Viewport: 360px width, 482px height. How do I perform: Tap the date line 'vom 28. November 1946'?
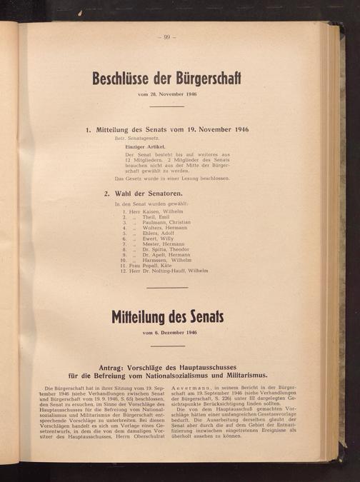(x=169, y=94)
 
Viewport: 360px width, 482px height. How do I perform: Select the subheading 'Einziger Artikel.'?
(x=146, y=146)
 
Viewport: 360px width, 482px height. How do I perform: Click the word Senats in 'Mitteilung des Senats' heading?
(x=205, y=316)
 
